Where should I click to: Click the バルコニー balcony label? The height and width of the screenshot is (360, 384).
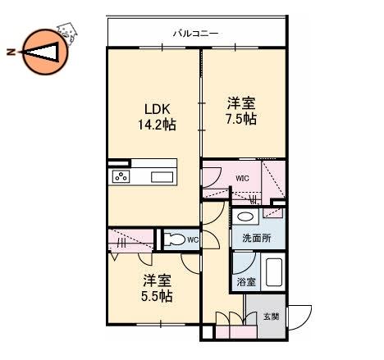tap(195, 34)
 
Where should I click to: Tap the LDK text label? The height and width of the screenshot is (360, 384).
tap(158, 109)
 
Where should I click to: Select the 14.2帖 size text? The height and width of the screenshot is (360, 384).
tap(157, 125)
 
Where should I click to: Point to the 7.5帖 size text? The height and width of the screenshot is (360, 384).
tap(241, 119)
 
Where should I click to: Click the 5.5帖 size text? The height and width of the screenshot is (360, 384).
tap(157, 296)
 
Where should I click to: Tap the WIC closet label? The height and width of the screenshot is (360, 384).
tap(242, 179)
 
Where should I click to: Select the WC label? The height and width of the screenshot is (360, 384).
tap(193, 240)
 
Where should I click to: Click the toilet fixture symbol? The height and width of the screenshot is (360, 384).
tap(175, 239)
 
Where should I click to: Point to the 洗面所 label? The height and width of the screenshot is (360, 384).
tap(257, 238)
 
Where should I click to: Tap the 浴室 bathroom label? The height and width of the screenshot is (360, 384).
tap(246, 282)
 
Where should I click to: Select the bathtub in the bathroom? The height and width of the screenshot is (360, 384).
tap(274, 272)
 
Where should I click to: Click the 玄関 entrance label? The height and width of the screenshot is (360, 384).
tap(272, 317)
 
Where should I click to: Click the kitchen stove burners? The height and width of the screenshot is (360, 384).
tap(121, 176)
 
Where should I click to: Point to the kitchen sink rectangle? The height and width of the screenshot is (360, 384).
tap(162, 177)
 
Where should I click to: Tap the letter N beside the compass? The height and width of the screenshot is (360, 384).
tap(11, 52)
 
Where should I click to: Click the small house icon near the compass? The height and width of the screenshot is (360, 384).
tap(67, 34)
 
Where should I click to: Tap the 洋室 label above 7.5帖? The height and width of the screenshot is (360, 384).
tap(241, 103)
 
